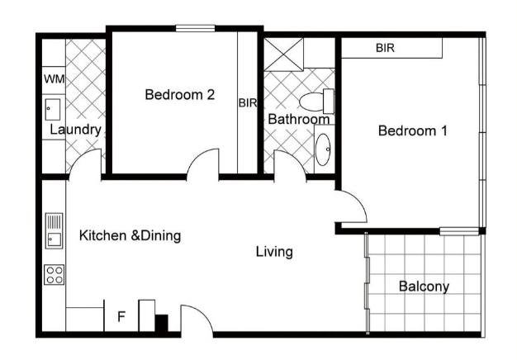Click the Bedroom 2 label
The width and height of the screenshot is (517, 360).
click(x=180, y=95)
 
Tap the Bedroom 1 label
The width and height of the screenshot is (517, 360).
click(x=413, y=131)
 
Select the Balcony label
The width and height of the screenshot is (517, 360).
click(x=424, y=287)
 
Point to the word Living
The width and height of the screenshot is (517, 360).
click(x=274, y=252)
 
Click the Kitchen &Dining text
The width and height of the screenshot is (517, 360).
click(x=130, y=235)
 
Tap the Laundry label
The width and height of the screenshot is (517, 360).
click(x=75, y=130)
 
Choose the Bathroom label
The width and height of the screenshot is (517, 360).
click(x=299, y=119)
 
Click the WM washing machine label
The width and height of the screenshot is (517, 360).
click(x=54, y=79)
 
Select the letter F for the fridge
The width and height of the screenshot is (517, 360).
click(x=121, y=316)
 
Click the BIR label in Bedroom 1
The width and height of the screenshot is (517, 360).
click(x=385, y=48)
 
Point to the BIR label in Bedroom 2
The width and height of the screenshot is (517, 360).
click(x=248, y=103)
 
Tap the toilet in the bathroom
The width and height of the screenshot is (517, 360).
click(x=317, y=102)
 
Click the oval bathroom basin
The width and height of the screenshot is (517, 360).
click(x=323, y=149)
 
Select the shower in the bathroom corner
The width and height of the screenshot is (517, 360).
click(x=283, y=54)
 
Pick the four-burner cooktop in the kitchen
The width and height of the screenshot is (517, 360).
click(x=54, y=275)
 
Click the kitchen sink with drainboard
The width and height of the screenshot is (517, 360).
click(x=54, y=230)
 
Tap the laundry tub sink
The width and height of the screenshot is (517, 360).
click(x=53, y=110)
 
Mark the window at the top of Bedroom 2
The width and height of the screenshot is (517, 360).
click(x=195, y=28)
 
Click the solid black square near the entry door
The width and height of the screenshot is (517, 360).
click(x=162, y=323)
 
